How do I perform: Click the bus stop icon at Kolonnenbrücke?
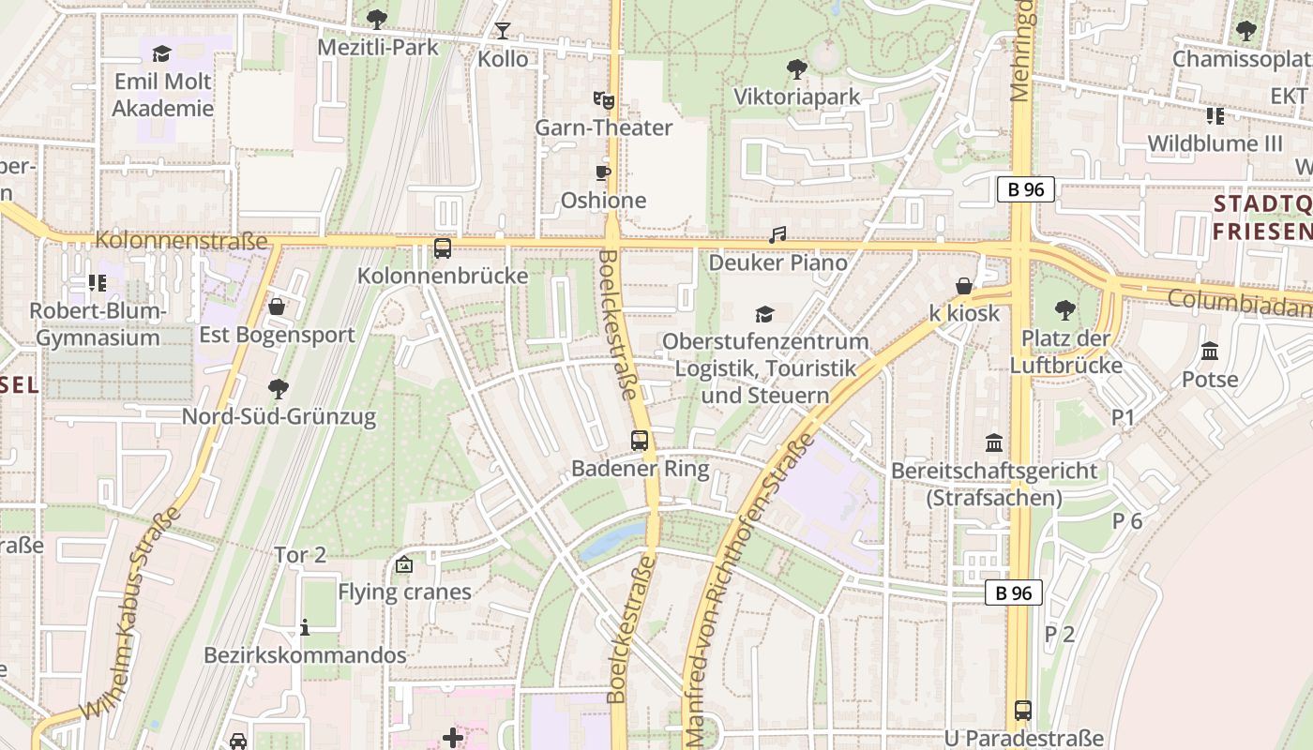443,248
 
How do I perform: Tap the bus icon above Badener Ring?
640,440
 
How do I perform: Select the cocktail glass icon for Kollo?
503,31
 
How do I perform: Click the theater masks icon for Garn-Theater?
603,98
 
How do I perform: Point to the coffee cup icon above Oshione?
603,172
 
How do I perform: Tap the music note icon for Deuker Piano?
777,235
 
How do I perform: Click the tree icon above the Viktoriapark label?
796,68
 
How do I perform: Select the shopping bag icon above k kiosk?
964,286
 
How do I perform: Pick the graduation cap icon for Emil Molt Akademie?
162,53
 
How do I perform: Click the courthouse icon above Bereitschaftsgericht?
994,442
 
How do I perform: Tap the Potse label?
1210,380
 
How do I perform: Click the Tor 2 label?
300,555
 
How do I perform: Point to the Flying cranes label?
404,592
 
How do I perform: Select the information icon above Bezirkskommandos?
304,627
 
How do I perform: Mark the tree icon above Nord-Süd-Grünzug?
278,388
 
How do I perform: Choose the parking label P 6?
1127,521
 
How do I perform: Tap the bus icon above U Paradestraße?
1023,711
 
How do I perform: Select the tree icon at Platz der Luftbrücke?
1064,309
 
